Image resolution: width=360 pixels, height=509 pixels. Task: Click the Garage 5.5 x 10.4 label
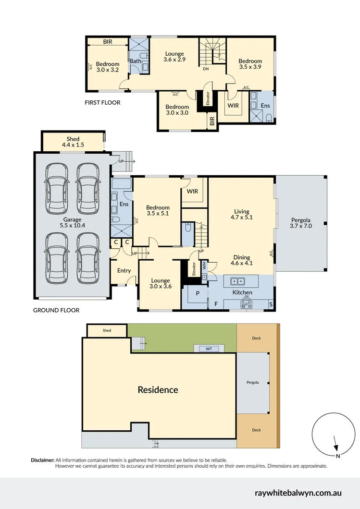(70, 222)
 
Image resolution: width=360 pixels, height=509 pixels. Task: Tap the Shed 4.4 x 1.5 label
(73, 142)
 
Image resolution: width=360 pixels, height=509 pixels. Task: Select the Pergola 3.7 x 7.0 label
(301, 222)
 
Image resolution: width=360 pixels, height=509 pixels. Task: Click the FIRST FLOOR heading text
(102, 102)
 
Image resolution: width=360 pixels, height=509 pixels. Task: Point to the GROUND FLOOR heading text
(56, 310)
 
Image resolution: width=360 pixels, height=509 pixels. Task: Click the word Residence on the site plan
(158, 390)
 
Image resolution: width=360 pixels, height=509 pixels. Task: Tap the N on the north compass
(338, 455)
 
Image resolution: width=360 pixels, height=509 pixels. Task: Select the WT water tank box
(209, 349)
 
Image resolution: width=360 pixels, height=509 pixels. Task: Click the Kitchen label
(242, 292)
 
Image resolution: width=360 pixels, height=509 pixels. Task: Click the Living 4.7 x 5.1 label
(241, 214)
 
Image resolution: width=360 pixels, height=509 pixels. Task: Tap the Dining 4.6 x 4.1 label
(241, 260)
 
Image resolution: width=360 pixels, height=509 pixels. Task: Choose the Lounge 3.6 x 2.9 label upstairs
(174, 57)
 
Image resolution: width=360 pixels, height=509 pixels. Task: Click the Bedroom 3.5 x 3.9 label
(250, 64)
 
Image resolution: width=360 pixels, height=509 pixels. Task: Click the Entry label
(124, 270)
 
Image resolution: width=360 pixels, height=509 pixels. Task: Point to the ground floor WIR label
(192, 192)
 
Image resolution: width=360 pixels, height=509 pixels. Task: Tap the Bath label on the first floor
(135, 61)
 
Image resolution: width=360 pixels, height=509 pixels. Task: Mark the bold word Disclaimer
(43, 460)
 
